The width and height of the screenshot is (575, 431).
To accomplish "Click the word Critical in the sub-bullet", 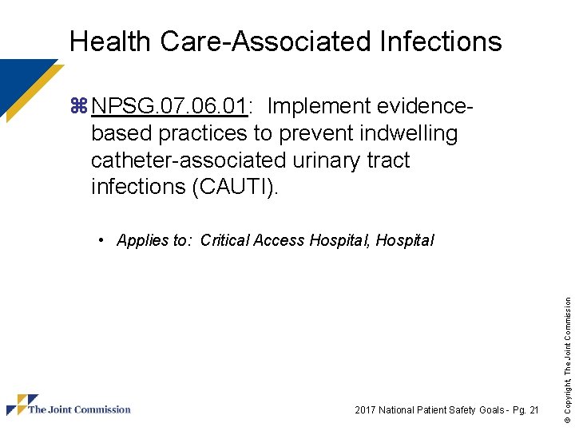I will tap(224, 240).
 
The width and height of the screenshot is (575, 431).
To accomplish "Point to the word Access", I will tap(278, 240).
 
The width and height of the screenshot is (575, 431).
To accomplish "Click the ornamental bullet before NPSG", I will tap(79, 106).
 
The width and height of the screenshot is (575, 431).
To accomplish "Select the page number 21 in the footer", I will tap(533, 410).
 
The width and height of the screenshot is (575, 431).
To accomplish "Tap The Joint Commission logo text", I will tap(79, 409).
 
